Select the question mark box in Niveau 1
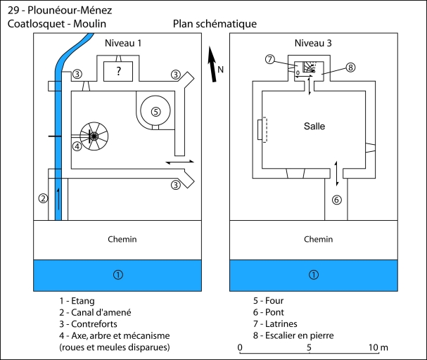click(118, 71)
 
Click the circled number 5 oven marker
click(155, 110)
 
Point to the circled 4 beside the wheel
click(77, 147)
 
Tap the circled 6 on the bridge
click(336, 200)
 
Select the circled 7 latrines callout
click(269, 59)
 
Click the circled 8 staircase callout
click(350, 67)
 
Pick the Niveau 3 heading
click(313, 43)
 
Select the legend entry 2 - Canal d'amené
click(96, 312)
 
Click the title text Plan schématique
click(215, 24)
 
